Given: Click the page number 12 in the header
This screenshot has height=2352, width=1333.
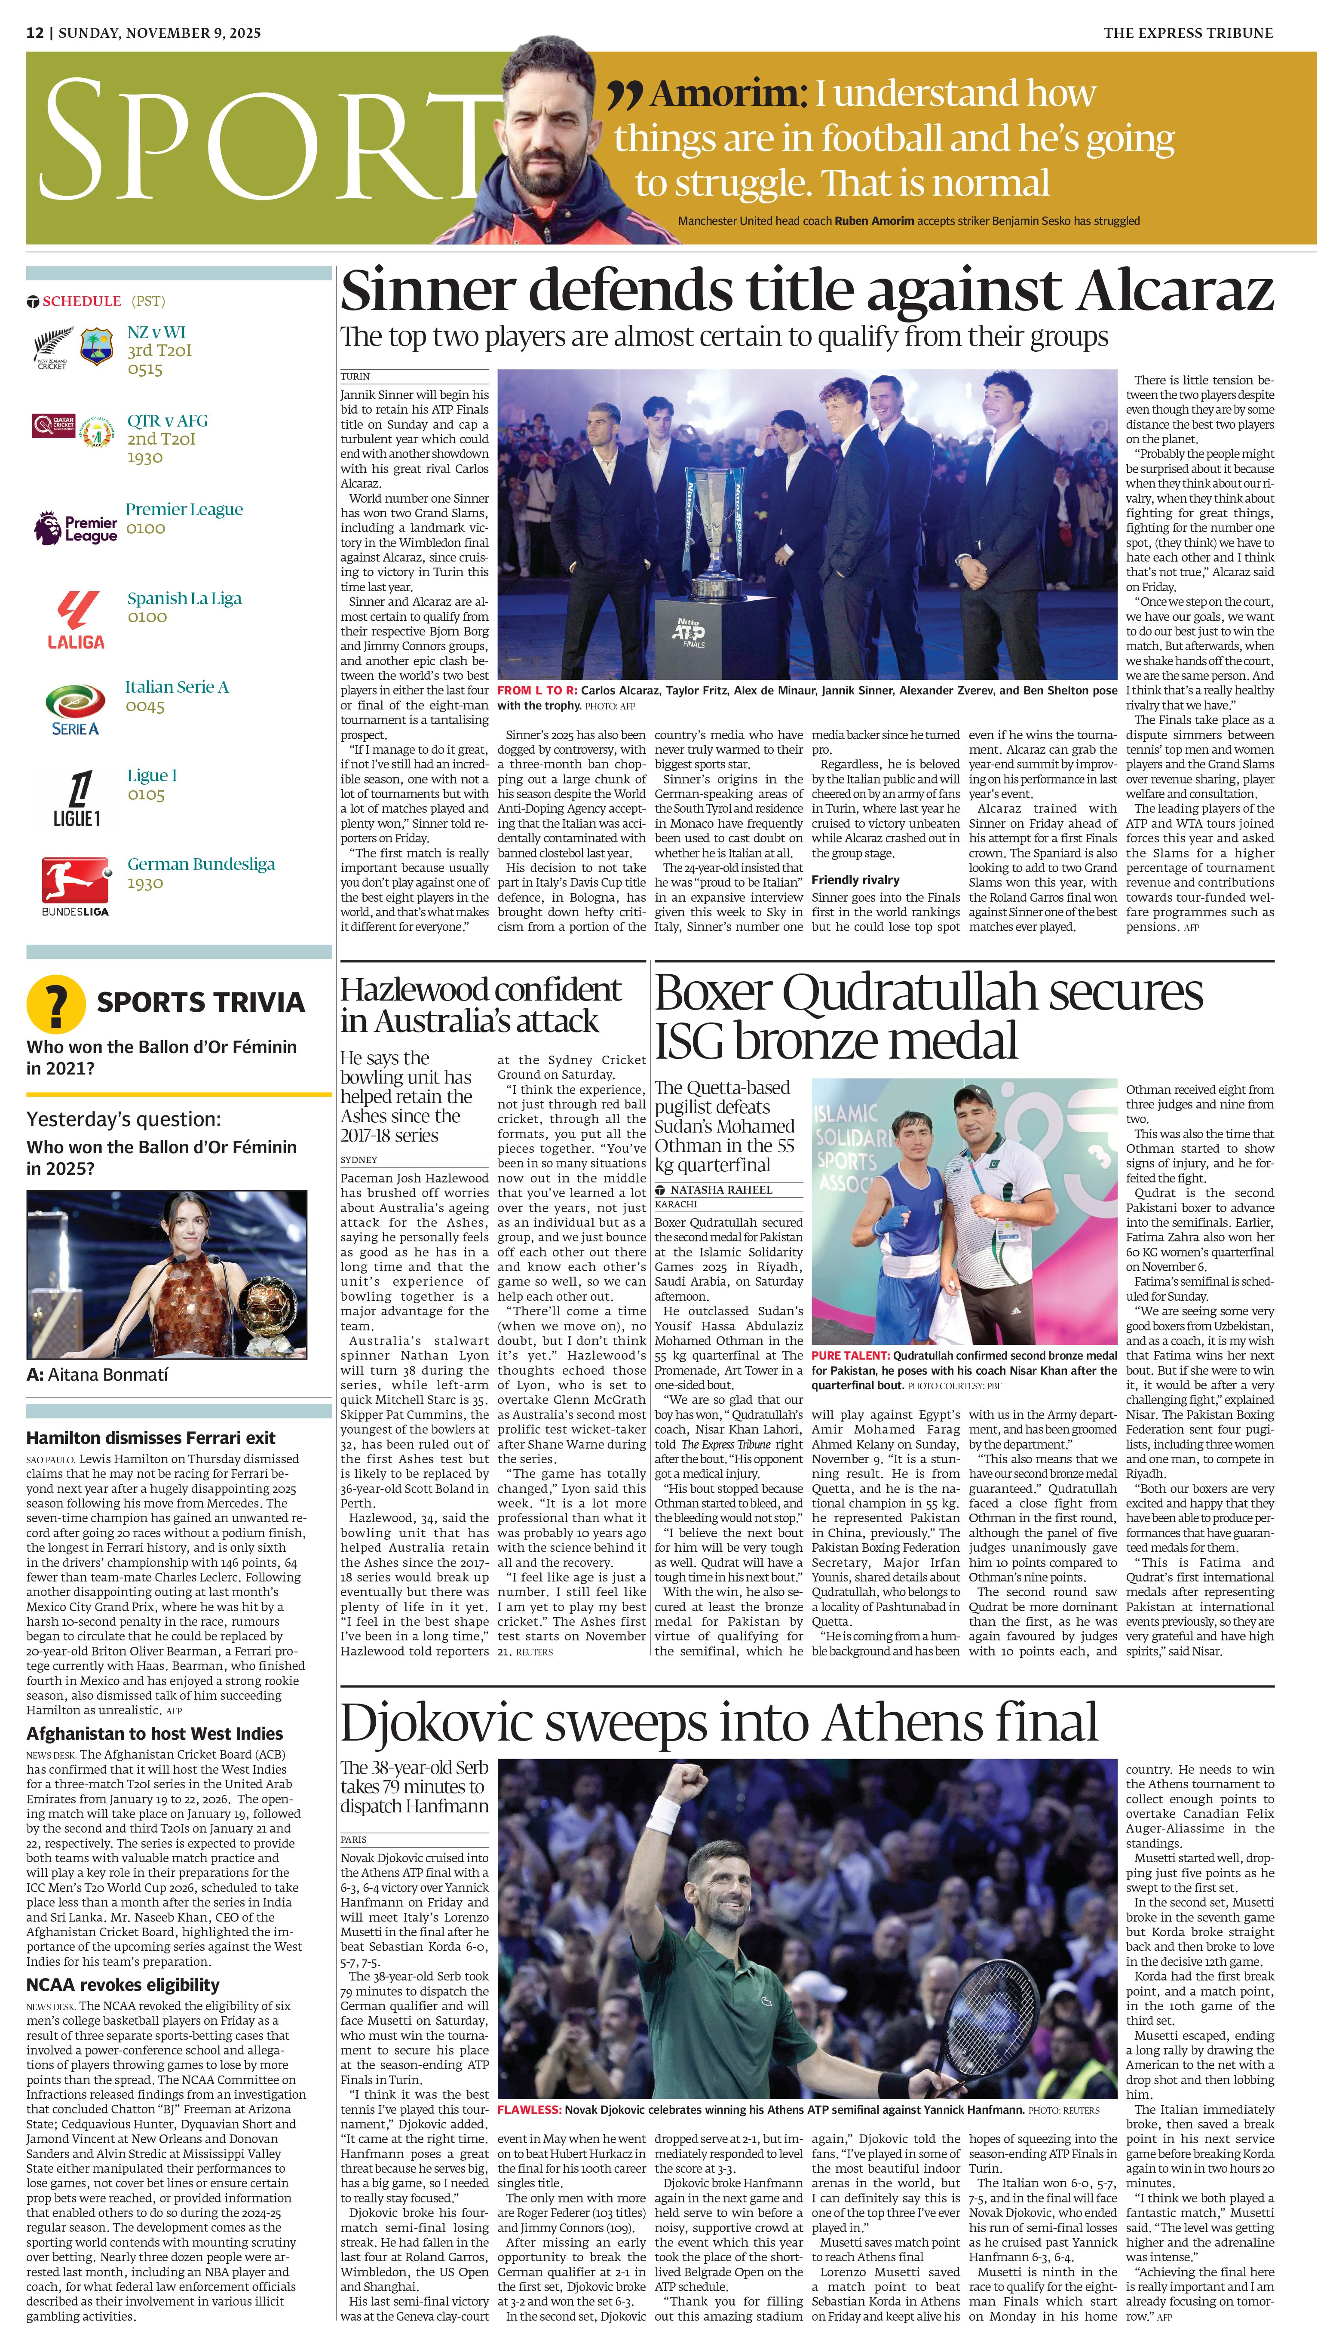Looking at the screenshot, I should click(x=35, y=33).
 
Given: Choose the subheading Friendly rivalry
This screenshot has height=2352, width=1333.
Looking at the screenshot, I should click(x=855, y=880).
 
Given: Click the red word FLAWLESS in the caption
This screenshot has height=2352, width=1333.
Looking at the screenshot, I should click(x=529, y=2109).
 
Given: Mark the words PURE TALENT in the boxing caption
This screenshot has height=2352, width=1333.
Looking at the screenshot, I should click(x=849, y=1355).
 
